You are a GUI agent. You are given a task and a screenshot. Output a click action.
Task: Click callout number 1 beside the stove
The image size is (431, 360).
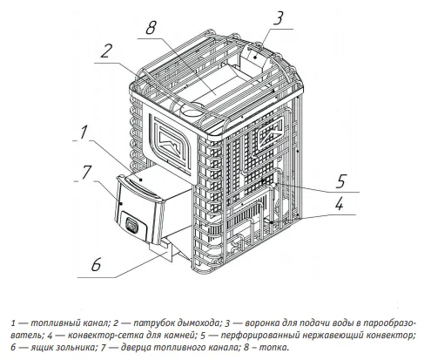click(84, 132)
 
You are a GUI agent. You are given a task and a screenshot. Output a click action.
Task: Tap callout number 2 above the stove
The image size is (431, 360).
click(105, 51)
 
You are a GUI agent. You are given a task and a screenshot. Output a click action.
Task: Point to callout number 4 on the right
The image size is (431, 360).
click(339, 203)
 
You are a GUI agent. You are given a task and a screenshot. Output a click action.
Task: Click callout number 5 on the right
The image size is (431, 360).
click(340, 180)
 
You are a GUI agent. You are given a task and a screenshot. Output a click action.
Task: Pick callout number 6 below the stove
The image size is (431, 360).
click(96, 265)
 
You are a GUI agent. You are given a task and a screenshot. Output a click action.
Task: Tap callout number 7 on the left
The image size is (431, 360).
click(86, 172)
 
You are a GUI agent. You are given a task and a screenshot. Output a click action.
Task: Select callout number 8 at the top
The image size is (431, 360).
click(151, 28)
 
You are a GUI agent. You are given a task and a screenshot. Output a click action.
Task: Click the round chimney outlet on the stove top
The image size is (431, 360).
click(190, 111)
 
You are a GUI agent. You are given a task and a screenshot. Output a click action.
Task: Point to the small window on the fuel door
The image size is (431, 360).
click(132, 225)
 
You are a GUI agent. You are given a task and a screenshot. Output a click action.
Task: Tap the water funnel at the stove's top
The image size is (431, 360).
click(255, 59)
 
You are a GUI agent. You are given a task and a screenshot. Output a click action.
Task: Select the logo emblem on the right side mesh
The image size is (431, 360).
click(271, 133)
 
